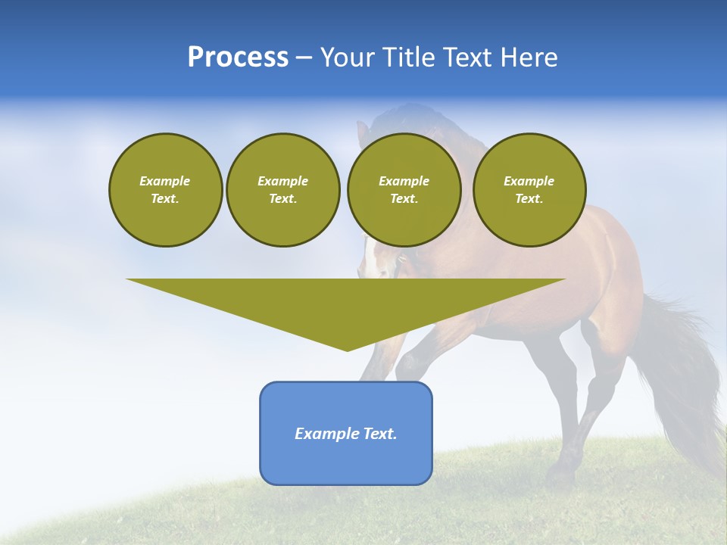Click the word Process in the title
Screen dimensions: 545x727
click(x=238, y=58)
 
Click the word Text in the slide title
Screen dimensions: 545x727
click(x=469, y=58)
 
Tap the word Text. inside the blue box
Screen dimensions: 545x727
click(x=379, y=434)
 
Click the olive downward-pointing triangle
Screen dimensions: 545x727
click(x=346, y=310)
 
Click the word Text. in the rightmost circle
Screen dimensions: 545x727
click(x=529, y=198)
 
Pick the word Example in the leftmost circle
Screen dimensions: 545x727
click(x=165, y=181)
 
